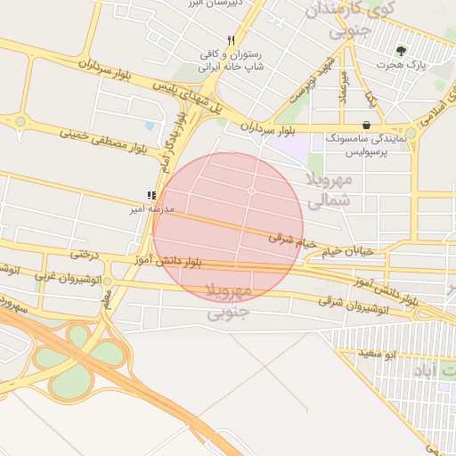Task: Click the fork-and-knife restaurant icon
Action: pyautogui.click(x=232, y=40)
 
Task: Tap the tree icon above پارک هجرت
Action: pyautogui.click(x=401, y=51)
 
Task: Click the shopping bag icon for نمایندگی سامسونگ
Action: pyautogui.click(x=367, y=126)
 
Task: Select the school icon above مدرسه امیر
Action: pyautogui.click(x=151, y=195)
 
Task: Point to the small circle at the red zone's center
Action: pyautogui.click(x=252, y=191)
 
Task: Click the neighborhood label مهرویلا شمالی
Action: pyautogui.click(x=330, y=191)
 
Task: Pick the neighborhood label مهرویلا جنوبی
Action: pyautogui.click(x=230, y=302)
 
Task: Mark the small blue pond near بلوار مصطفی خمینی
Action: pyautogui.click(x=149, y=126)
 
